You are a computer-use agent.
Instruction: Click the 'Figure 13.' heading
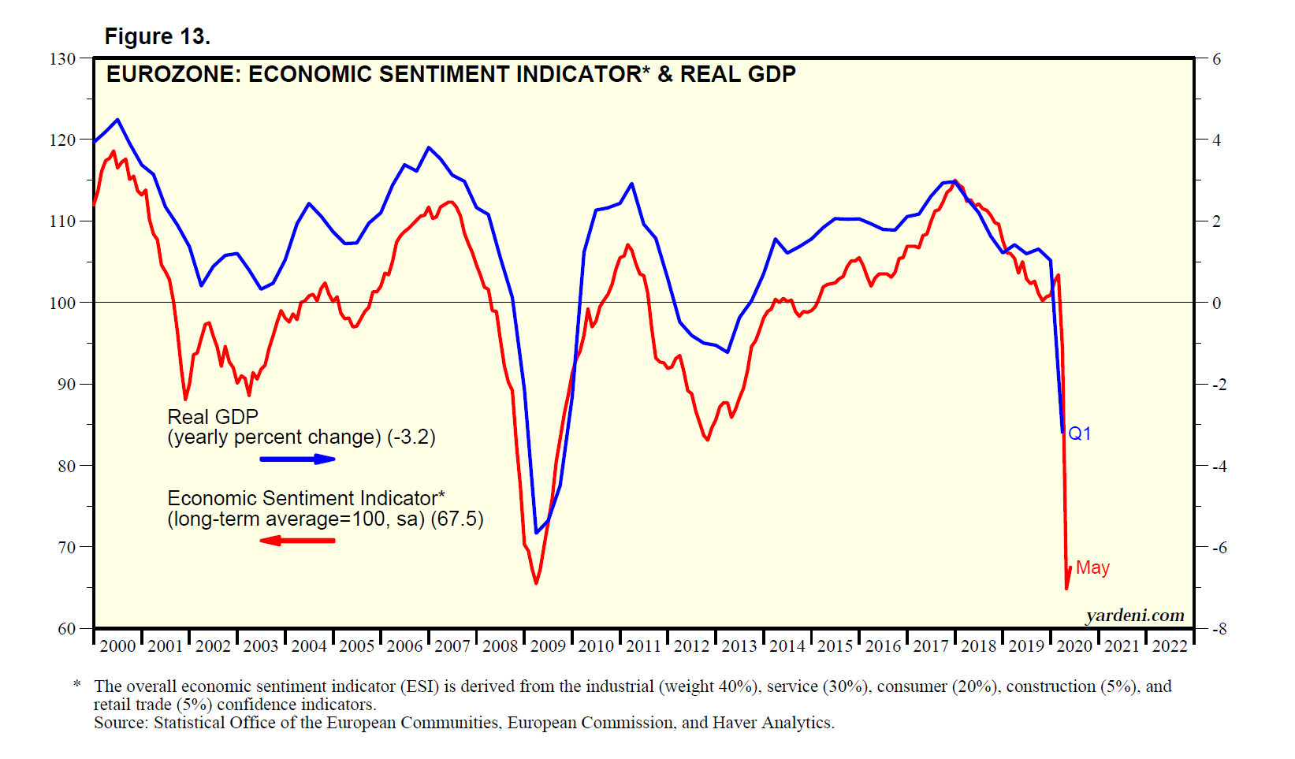point(157,37)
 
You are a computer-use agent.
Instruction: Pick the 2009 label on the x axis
point(548,646)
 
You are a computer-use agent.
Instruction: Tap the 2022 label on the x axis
point(1170,646)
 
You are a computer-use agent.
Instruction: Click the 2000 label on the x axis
point(117,646)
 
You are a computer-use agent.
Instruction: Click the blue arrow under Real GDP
point(298,459)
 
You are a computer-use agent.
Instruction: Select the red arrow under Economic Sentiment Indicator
point(298,541)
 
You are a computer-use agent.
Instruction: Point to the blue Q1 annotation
point(1080,433)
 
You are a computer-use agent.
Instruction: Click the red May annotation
point(1092,567)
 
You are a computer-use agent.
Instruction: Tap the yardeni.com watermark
point(1135,616)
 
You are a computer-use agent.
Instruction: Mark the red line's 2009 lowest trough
point(537,583)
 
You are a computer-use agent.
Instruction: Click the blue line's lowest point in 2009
point(537,533)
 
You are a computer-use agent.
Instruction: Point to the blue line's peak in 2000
point(118,120)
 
